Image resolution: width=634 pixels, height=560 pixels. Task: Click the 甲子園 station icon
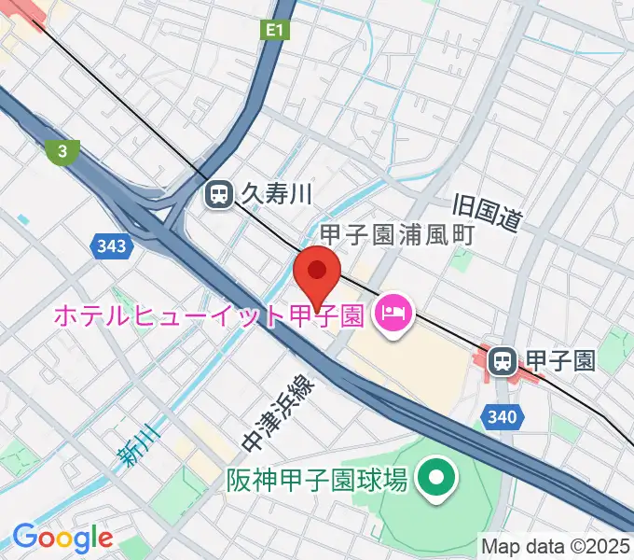pos(503,360)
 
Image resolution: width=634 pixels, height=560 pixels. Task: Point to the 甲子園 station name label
pos(560,360)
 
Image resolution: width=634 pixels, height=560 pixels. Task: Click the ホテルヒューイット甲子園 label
pos(207,315)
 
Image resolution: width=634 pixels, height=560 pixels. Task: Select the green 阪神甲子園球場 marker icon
pos(434,480)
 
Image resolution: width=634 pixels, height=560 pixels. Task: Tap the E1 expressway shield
pos(272,32)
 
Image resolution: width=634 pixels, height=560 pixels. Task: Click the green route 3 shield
pos(62,149)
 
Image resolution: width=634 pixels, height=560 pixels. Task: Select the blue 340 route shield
pos(501,413)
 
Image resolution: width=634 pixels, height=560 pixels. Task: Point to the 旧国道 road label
pos(486,214)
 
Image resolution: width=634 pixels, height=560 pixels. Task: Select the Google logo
pos(62,538)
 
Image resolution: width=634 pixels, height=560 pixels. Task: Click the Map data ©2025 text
pos(556,545)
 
